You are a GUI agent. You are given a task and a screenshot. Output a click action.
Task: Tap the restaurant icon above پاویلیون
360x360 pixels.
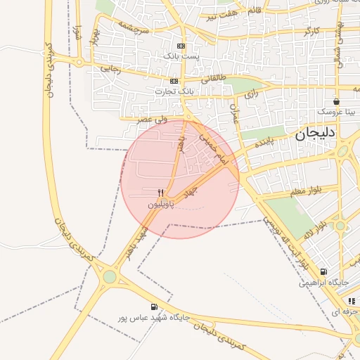(x=161, y=193)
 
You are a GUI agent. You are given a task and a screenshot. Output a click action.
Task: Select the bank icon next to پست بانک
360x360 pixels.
(x=181, y=45)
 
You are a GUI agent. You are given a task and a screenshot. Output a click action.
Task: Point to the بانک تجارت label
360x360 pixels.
(x=172, y=91)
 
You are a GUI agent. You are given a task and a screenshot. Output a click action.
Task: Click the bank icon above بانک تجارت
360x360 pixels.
(x=173, y=81)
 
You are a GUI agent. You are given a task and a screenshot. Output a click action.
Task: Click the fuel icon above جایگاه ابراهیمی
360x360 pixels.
(x=323, y=272)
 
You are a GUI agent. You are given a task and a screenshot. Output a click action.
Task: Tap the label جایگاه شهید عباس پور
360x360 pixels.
(x=155, y=318)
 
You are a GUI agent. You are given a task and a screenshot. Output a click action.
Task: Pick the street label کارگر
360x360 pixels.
(x=309, y=32)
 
